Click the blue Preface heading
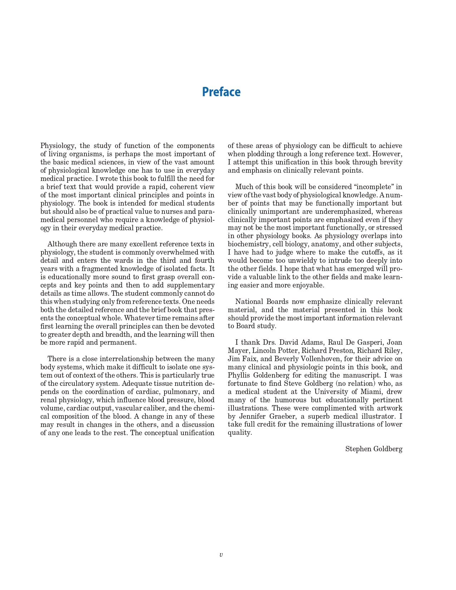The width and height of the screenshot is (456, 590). [221, 92]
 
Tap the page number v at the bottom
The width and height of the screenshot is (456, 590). [221, 555]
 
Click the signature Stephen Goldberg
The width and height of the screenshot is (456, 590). [373, 449]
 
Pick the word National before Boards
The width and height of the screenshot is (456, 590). [249, 302]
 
